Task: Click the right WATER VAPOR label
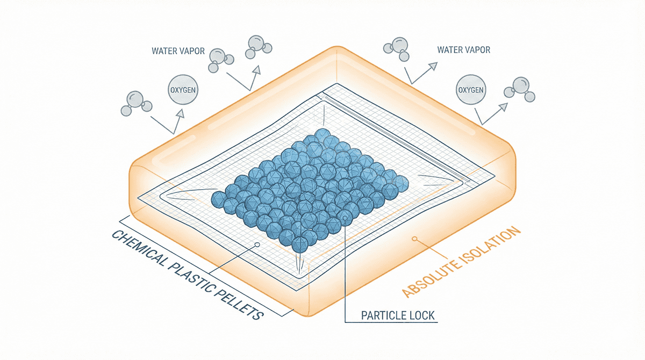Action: (x=463, y=50)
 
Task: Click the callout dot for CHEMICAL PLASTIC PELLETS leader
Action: (x=257, y=244)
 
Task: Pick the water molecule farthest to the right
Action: (x=521, y=89)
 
